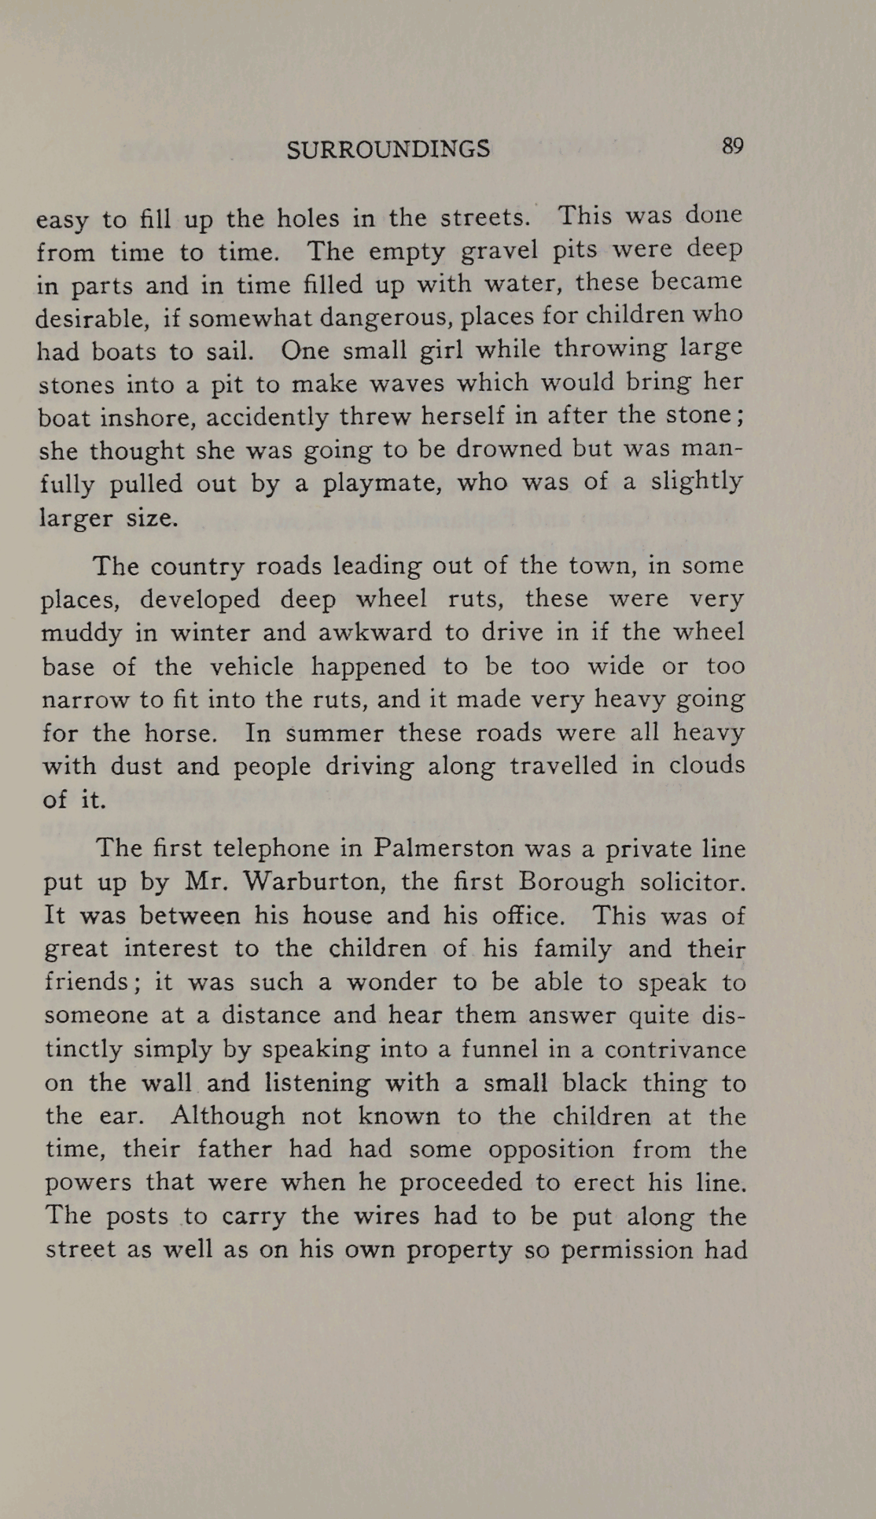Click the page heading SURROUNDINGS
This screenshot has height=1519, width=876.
pos(388,149)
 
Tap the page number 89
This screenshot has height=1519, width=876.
pos(732,146)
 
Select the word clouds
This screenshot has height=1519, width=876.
pos(706,765)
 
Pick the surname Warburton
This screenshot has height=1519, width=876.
pos(313,883)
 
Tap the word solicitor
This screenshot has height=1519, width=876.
pos(693,882)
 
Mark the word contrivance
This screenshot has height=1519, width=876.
pos(675,1050)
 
